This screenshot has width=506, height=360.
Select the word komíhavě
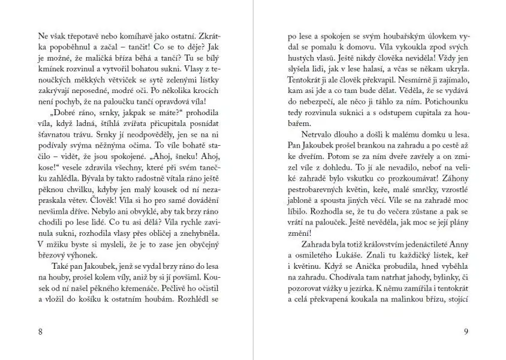pyautogui.click(x=135, y=35)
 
